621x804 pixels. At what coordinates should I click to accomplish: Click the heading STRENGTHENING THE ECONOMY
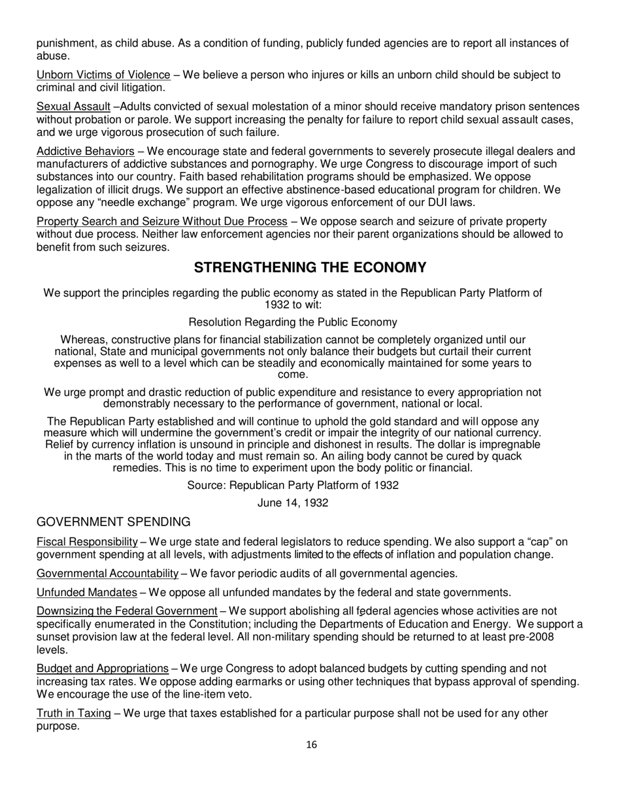(310, 268)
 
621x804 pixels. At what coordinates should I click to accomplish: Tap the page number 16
(311, 744)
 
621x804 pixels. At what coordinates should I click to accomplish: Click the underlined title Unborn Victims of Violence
(103, 75)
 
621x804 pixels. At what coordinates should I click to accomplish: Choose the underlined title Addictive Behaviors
(85, 152)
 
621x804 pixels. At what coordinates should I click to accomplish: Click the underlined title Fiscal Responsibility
(87, 542)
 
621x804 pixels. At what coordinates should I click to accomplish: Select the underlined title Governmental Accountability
(107, 574)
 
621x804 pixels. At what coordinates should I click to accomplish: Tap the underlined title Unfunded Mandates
(86, 593)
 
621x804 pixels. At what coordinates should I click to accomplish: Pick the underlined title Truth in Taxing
(73, 713)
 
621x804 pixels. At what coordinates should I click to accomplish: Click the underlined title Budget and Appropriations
(102, 669)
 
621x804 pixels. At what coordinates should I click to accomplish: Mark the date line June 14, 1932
(293, 503)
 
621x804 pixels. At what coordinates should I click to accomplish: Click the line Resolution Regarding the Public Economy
(293, 322)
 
